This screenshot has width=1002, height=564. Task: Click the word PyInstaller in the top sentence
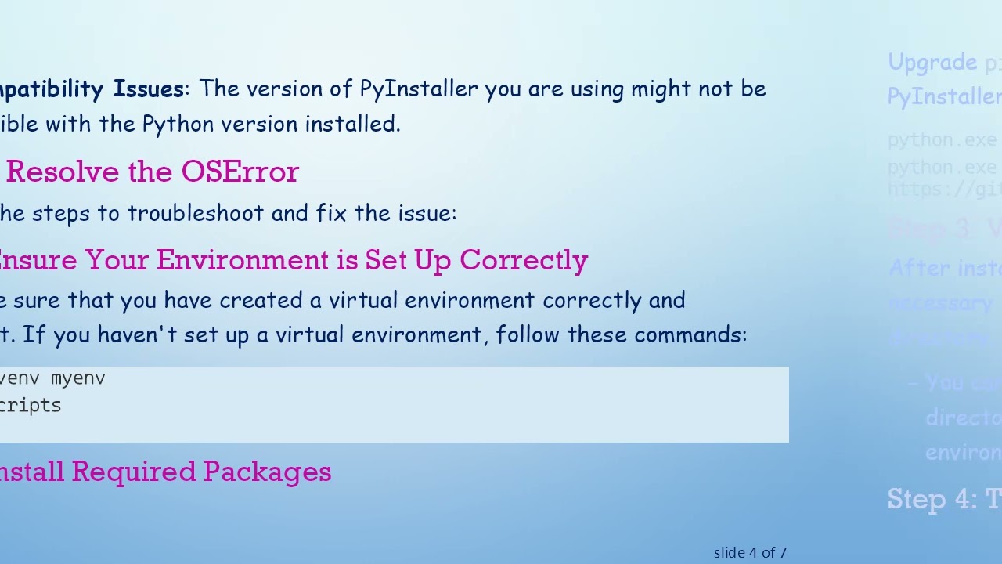(x=418, y=89)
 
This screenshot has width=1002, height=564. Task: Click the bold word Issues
(x=148, y=89)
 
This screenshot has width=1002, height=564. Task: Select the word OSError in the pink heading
(x=240, y=172)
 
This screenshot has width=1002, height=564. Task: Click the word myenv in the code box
(x=77, y=378)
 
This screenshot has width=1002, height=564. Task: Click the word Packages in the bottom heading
(x=267, y=472)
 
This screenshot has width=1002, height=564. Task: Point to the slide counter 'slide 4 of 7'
(x=750, y=553)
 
